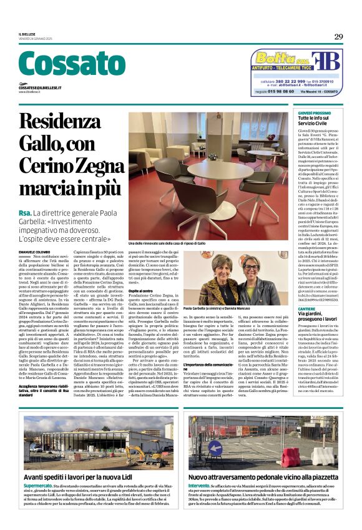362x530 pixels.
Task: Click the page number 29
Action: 338,37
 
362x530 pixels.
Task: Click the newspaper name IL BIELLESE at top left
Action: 27,35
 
